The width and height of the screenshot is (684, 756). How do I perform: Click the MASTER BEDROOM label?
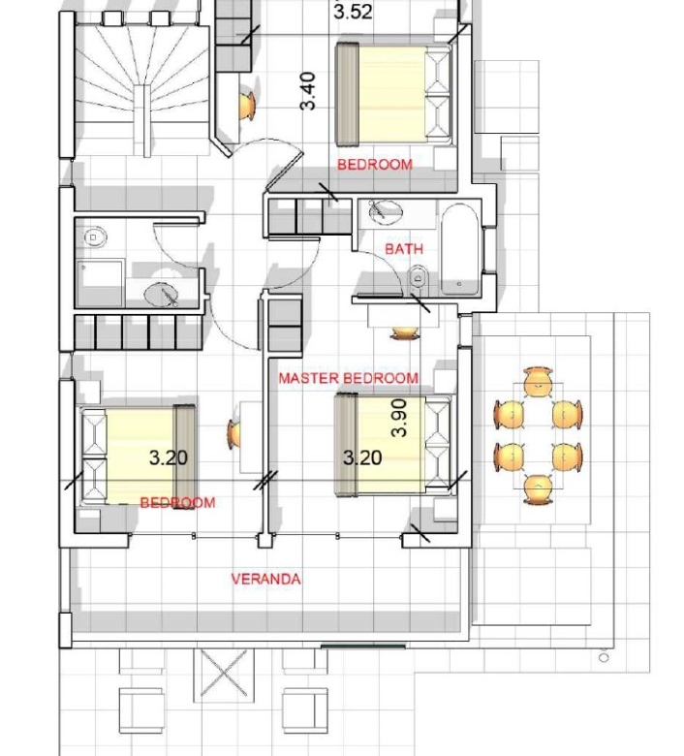[x=349, y=378]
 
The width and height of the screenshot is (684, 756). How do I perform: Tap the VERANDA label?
[x=265, y=579]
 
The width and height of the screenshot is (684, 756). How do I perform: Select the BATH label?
[x=404, y=249]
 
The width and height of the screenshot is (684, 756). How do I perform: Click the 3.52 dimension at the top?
[x=353, y=12]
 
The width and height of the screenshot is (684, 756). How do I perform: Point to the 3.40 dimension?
[x=307, y=91]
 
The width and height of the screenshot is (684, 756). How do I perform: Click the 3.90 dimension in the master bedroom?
[x=399, y=418]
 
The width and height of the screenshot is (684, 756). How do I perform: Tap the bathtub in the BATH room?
[x=461, y=250]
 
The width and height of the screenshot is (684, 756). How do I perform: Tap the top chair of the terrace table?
[x=538, y=381]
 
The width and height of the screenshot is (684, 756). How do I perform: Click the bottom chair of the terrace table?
[x=538, y=488]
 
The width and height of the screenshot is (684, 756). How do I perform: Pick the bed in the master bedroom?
[x=393, y=445]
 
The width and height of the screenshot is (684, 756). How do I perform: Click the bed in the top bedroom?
[x=393, y=95]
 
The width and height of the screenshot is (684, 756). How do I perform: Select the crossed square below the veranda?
[x=224, y=673]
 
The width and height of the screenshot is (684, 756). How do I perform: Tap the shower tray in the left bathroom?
[x=100, y=283]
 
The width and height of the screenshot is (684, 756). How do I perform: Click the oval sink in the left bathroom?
[x=162, y=294]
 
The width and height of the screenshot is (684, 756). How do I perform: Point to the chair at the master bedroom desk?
[x=404, y=332]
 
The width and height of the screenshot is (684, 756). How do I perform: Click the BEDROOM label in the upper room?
[x=375, y=165]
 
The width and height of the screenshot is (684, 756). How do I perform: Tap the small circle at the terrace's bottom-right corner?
[x=604, y=657]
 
